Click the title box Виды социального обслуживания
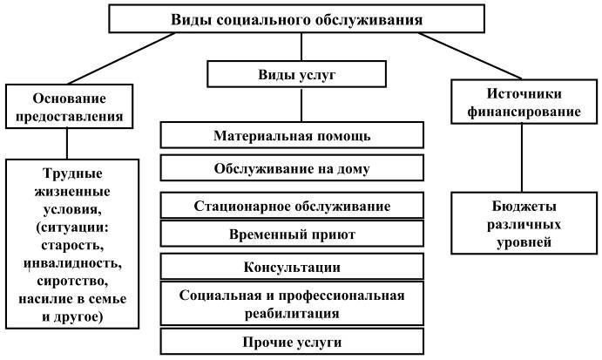tap(297, 18)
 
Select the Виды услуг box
tap(297, 75)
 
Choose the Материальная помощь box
tap(292, 136)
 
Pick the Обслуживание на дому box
tap(292, 168)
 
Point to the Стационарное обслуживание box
tap(292, 206)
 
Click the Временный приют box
tap(292, 234)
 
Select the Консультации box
tap(292, 266)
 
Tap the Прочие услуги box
tap(292, 341)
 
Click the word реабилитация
tap(293, 312)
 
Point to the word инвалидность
tap(71, 263)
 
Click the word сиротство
tap(71, 282)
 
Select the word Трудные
tap(71, 173)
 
